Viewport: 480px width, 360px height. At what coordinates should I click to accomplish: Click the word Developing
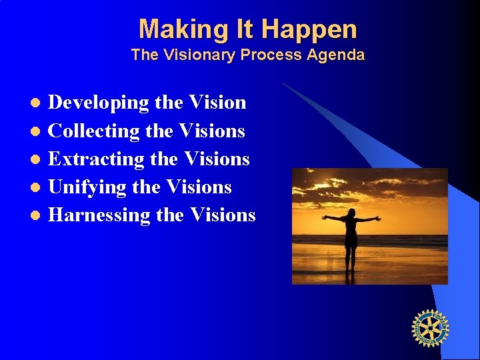(99, 103)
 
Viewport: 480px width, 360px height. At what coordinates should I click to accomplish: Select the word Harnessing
(100, 215)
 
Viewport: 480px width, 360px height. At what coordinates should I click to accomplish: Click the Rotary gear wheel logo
(430, 329)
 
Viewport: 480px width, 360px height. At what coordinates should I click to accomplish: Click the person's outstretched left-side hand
(325, 217)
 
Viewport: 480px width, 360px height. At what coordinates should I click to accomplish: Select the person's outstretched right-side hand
(377, 217)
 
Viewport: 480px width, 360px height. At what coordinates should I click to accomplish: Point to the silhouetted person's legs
(350, 257)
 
